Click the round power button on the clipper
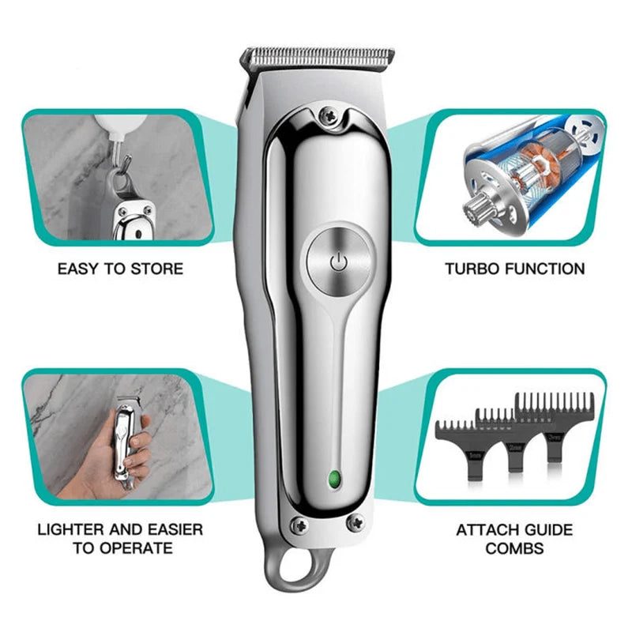coord(337,262)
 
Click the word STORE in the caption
coord(155,269)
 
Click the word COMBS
coord(514,547)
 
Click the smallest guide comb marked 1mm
coord(454,450)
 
